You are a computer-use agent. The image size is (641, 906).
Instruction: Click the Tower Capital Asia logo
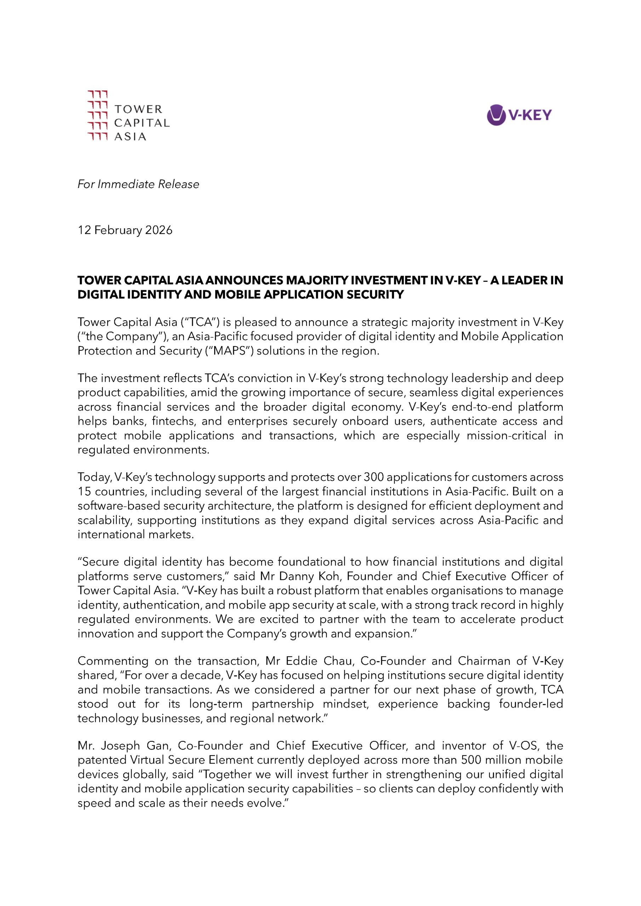(x=128, y=116)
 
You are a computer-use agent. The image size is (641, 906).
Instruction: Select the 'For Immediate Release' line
(x=138, y=184)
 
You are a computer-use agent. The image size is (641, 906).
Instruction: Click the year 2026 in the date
(x=159, y=230)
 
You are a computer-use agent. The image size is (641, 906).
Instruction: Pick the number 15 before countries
(x=84, y=492)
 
